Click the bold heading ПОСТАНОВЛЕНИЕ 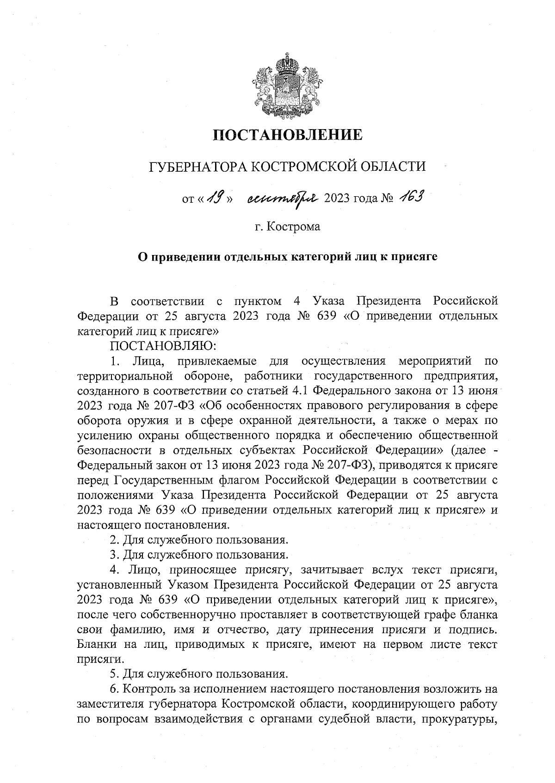point(287,135)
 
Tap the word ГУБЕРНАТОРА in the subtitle point(194,166)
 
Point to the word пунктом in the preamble point(257,302)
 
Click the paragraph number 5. point(113,672)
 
